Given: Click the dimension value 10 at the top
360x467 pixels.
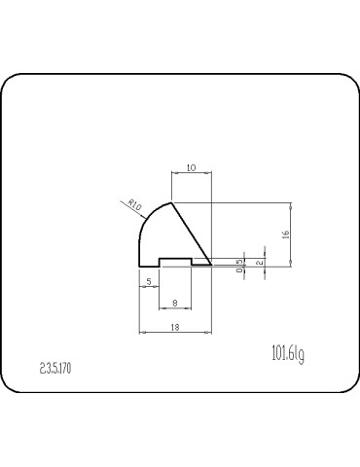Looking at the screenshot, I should point(191,168).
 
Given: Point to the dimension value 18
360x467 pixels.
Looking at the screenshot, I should point(175,327).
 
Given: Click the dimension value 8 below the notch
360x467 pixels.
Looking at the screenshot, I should point(174,303).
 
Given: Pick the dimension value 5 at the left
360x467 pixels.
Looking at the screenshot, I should point(149,281).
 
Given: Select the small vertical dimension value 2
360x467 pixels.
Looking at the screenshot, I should point(258,261).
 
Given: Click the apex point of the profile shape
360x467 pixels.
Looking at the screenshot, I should point(171,202).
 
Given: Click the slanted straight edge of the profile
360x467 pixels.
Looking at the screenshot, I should point(192,233).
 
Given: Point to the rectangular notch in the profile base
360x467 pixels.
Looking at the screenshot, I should point(175,261).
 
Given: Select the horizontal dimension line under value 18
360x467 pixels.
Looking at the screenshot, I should point(175,333).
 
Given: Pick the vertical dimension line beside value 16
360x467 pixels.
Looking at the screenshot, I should point(292,233).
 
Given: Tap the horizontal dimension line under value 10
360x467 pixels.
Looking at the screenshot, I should point(191,174).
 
